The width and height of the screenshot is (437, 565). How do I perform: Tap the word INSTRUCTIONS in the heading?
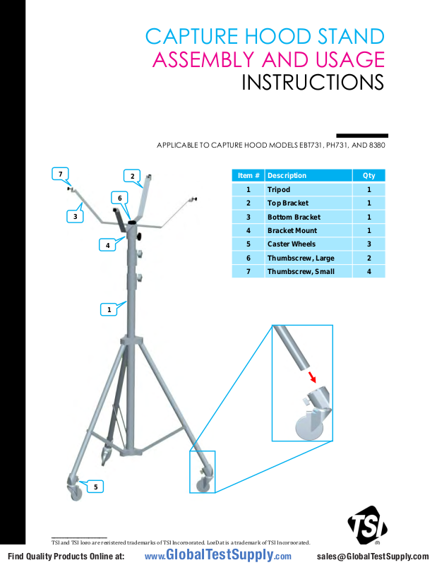coord(313,83)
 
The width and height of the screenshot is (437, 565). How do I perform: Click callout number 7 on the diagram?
coord(61,173)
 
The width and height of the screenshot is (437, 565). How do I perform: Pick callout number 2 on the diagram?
coord(132,176)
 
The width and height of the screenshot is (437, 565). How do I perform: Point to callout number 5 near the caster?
coord(96,486)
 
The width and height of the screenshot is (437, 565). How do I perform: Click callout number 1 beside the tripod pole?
coord(109,309)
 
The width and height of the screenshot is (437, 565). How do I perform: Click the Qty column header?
coord(369,176)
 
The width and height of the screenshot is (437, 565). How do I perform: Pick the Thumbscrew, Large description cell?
coord(300,258)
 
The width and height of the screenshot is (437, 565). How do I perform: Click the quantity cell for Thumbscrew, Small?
coord(369,272)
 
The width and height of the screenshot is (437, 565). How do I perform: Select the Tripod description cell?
coord(278,190)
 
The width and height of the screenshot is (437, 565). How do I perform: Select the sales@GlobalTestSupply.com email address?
coord(373,557)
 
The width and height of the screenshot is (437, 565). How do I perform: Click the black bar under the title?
coord(361,136)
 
